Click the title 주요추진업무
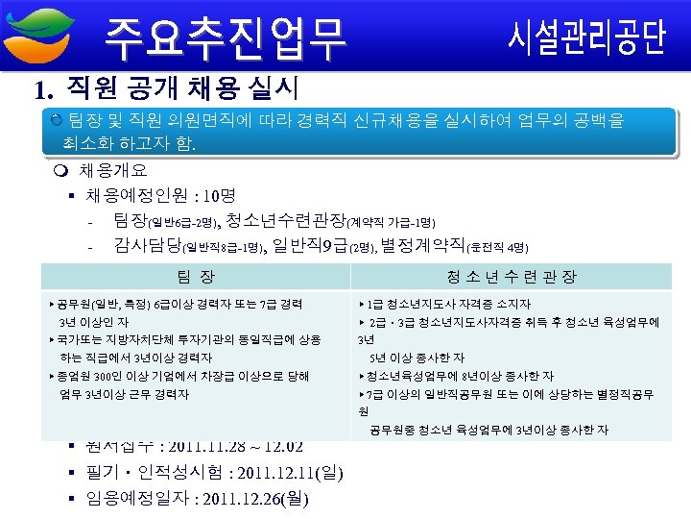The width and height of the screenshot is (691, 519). [225, 37]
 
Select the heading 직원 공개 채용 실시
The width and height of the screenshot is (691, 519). [182, 90]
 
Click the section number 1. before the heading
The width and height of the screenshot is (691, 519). [41, 91]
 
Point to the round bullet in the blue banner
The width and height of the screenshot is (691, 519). [58, 120]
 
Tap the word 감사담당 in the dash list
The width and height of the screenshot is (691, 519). [145, 245]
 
